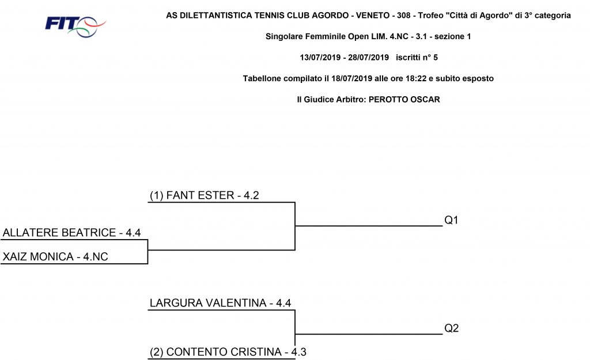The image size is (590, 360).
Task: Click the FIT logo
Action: (x=75, y=26)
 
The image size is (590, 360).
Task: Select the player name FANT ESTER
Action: (x=200, y=195)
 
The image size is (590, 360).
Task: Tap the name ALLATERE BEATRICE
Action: (x=59, y=233)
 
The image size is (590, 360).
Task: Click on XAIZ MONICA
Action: (x=38, y=256)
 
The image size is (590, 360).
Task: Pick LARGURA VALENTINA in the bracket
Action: (x=208, y=303)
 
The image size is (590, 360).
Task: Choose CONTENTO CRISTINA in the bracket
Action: (x=224, y=352)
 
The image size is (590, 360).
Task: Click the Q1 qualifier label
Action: (x=451, y=220)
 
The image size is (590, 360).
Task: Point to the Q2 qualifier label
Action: (x=451, y=328)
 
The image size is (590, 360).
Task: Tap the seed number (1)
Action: (x=157, y=196)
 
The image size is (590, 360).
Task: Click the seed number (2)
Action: (x=157, y=352)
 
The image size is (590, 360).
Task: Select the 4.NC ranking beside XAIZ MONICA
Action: (x=96, y=256)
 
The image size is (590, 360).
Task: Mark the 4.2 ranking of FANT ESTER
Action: (x=251, y=195)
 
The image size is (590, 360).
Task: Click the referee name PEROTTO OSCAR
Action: (x=404, y=100)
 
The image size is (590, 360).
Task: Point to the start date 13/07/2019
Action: (x=320, y=58)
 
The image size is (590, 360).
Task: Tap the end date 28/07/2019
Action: (x=368, y=58)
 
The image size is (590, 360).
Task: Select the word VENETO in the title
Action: (x=373, y=16)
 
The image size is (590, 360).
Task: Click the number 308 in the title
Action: (x=404, y=16)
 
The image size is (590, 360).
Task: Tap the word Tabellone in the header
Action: (x=262, y=78)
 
